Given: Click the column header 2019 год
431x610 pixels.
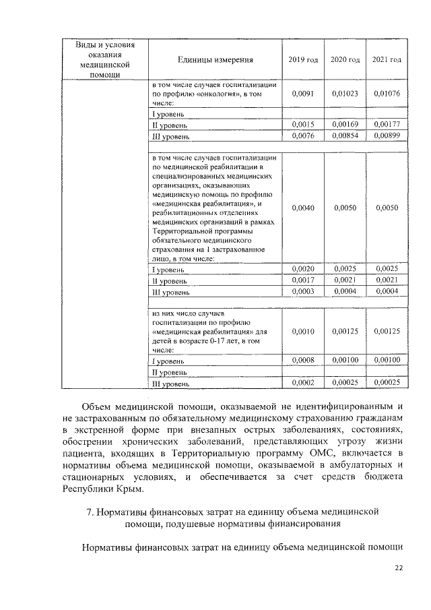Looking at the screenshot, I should pyautogui.click(x=303, y=60).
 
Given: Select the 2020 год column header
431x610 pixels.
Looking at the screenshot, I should pyautogui.click(x=345, y=60).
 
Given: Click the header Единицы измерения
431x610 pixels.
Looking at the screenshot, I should pyautogui.click(x=215, y=60).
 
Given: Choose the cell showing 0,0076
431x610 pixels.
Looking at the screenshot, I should pyautogui.click(x=303, y=135).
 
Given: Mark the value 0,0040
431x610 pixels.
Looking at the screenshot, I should pyautogui.click(x=303, y=208).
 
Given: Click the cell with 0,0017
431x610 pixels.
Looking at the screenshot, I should pyautogui.click(x=303, y=280).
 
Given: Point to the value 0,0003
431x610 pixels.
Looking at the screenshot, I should pyautogui.click(x=303, y=291).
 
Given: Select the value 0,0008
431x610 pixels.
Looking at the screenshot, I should pyautogui.click(x=303, y=361).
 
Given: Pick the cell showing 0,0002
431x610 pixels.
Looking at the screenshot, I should pyautogui.click(x=303, y=383).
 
